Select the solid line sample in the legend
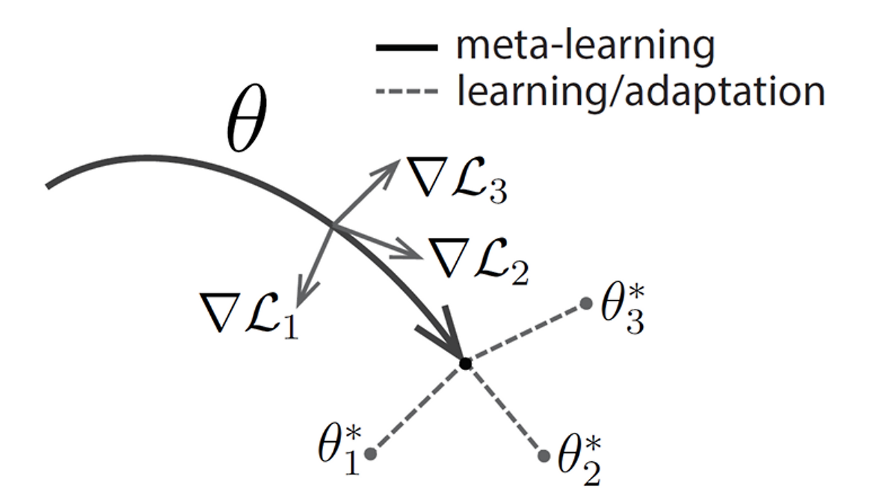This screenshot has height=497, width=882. [407, 48]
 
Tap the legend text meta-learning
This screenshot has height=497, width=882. [585, 46]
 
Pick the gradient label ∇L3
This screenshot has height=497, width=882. [456, 180]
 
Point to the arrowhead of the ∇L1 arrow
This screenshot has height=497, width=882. [300, 298]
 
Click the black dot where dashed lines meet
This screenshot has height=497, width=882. [465, 363]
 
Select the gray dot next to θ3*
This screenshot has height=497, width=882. [586, 303]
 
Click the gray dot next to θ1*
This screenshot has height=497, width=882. [370, 454]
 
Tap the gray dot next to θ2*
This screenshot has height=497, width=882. [544, 456]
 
